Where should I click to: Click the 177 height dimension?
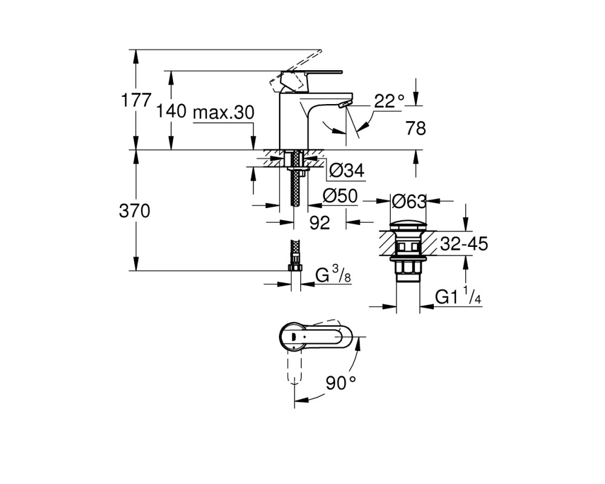[x=136, y=100]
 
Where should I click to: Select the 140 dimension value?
[x=171, y=111]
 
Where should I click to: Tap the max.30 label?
[x=223, y=113]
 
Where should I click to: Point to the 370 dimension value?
[x=135, y=211]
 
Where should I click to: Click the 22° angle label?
[x=389, y=101]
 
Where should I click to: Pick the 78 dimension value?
[x=416, y=128]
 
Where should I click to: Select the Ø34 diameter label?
[x=347, y=170]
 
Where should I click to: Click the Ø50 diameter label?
[x=340, y=196]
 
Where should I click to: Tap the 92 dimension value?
[x=320, y=223]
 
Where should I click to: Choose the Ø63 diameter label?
[x=409, y=201]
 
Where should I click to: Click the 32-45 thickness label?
[x=464, y=244]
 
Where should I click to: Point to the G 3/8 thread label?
[x=333, y=275]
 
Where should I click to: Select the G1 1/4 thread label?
[x=459, y=296]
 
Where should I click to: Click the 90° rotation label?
[x=341, y=383]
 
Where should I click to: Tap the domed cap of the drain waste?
[x=408, y=226]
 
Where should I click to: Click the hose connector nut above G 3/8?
[x=296, y=268]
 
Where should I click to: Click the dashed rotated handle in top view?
[x=295, y=367]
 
